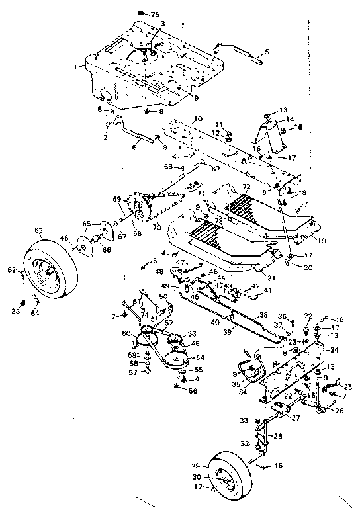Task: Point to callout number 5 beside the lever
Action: (x=267, y=51)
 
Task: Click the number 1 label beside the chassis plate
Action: (x=78, y=66)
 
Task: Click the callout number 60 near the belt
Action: (x=126, y=333)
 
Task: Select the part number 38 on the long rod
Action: (x=263, y=315)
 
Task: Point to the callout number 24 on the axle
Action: (x=334, y=349)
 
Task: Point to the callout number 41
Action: (x=268, y=290)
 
